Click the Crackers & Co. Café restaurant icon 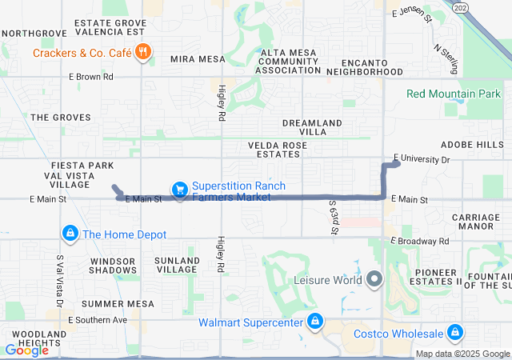[143, 54]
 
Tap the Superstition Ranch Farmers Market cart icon [180, 190]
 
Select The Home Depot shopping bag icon [70, 234]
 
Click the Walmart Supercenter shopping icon [315, 322]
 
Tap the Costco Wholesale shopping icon [455, 332]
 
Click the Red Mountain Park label [453, 94]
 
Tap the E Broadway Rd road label [420, 240]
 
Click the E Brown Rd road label [90, 77]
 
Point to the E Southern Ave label [98, 320]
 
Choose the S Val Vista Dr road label [59, 279]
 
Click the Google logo [26, 350]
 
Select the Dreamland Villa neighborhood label [312, 127]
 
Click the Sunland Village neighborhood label [177, 266]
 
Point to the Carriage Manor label [475, 222]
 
